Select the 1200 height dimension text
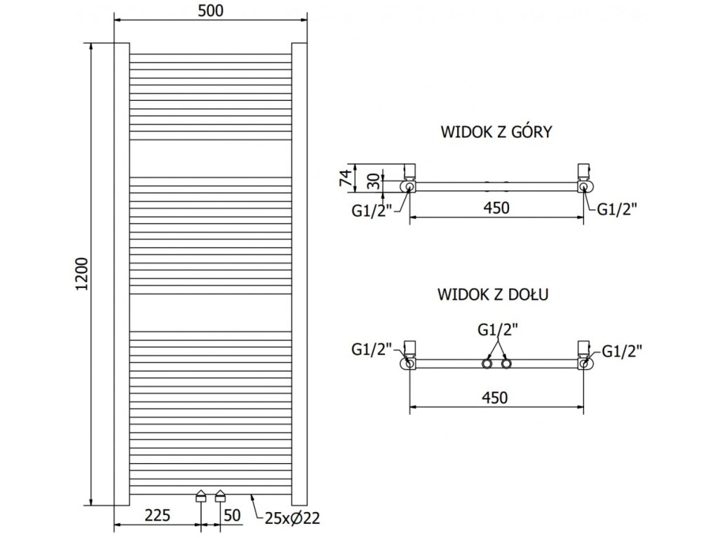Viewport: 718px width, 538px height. click(83, 275)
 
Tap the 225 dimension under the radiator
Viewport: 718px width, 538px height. click(158, 516)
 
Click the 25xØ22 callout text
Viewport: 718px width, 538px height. click(292, 518)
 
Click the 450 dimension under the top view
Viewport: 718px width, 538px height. click(496, 207)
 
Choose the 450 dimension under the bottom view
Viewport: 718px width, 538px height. click(496, 397)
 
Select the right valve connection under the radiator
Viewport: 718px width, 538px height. click(221, 496)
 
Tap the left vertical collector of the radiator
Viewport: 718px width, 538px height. click(121, 273)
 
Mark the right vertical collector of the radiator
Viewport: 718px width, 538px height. click(299, 273)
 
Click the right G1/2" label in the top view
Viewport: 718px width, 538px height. click(618, 207)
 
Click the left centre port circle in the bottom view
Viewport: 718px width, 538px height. click(486, 364)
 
